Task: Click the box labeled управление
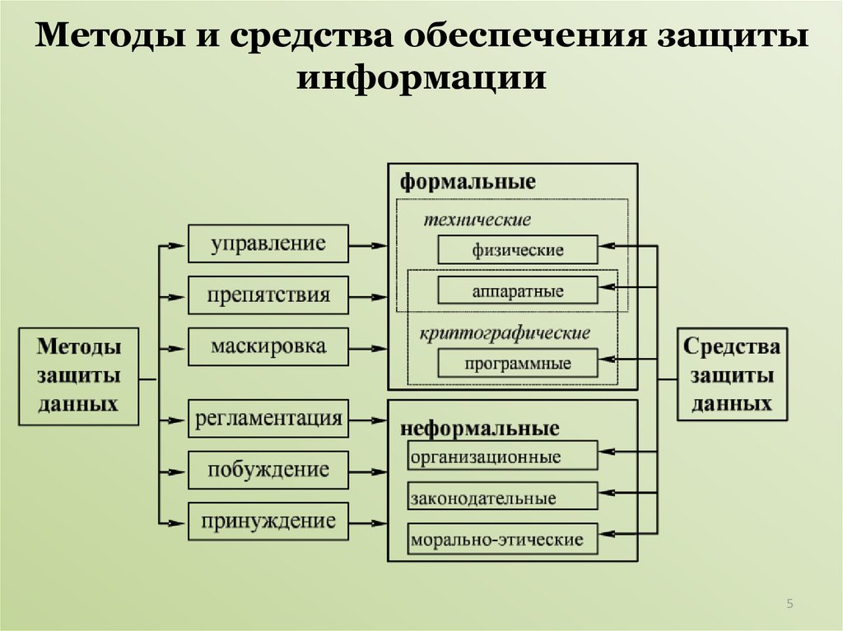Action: coord(268,244)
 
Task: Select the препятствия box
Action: coord(268,295)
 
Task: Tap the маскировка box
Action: coord(268,346)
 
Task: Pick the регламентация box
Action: coord(268,418)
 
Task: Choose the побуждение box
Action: coord(268,470)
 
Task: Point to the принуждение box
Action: coord(268,521)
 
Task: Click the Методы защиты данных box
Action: coord(79,376)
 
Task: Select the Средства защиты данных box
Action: coord(732,374)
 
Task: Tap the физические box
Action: coord(518,249)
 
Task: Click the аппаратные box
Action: coord(518,290)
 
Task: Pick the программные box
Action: coord(518,363)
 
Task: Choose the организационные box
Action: coord(503,455)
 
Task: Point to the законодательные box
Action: coord(503,496)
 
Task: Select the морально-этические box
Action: coord(503,539)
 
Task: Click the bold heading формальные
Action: coord(468,182)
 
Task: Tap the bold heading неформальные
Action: coord(480,429)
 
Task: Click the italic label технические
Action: coord(477,220)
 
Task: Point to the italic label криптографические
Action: coord(505,333)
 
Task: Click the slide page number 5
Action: coord(789,605)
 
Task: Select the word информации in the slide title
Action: coord(421,77)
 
